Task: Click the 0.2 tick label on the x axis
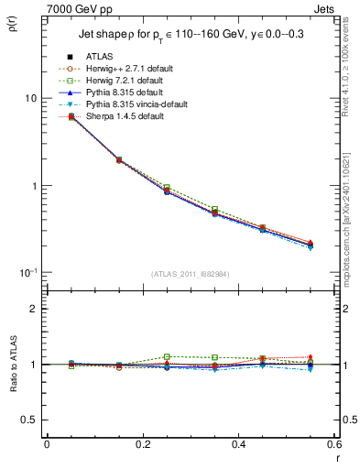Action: [x=142, y=444]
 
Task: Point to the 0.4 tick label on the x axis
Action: [x=238, y=444]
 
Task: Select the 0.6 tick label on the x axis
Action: [x=333, y=444]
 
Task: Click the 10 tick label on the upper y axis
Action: [x=30, y=99]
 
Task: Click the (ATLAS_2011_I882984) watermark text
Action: [x=190, y=274]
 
